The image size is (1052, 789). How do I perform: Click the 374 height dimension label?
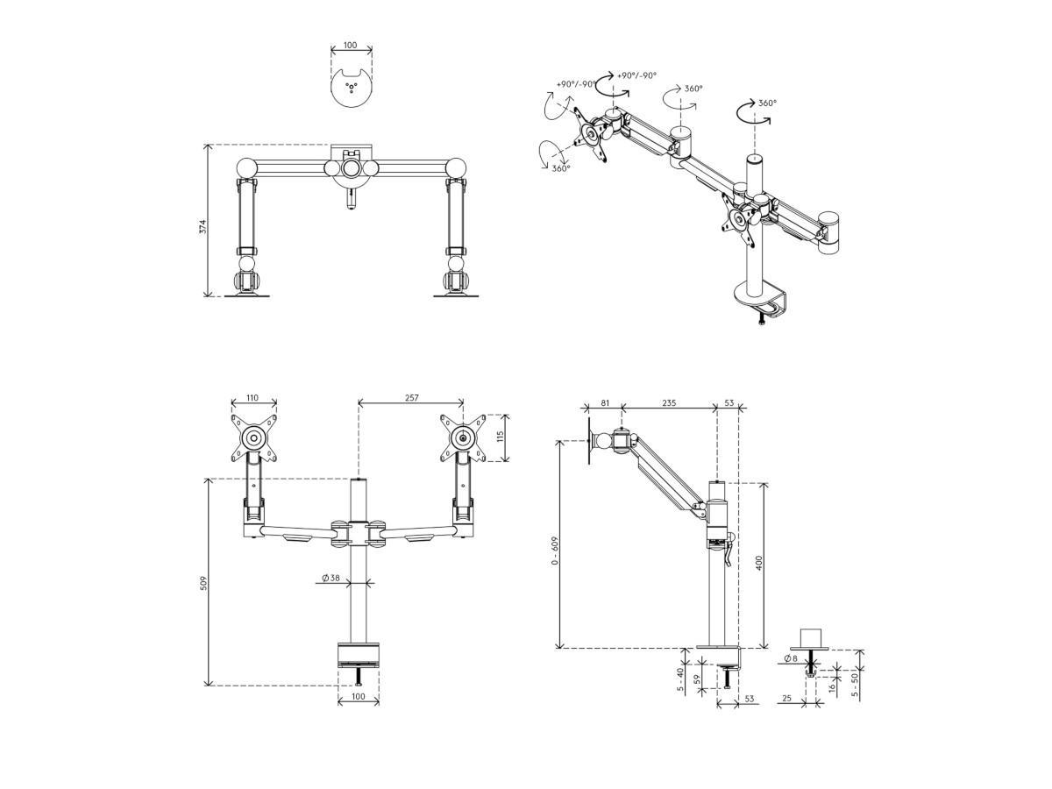203,226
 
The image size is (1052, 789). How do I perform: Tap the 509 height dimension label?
203,583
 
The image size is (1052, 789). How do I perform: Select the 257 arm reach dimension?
411,398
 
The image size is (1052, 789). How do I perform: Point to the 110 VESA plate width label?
252,398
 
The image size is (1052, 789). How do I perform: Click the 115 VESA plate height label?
501,437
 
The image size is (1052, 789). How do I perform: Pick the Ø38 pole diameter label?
331,578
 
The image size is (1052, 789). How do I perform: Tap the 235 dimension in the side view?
669,403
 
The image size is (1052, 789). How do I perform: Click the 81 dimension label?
605,403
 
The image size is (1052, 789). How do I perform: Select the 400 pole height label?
758,563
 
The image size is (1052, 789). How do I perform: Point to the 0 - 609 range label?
555,551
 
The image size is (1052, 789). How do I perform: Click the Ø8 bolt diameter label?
792,658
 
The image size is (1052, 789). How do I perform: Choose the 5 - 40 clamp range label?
680,679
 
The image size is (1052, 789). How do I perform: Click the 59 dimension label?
697,679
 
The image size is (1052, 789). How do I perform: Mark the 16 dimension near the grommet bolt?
832,687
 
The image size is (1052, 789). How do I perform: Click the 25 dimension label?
787,699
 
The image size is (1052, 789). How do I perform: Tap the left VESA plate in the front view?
254,438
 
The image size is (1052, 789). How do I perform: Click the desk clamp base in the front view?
358,655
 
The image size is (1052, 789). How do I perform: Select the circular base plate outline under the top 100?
352,89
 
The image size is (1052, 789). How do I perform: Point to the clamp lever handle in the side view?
729,550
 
